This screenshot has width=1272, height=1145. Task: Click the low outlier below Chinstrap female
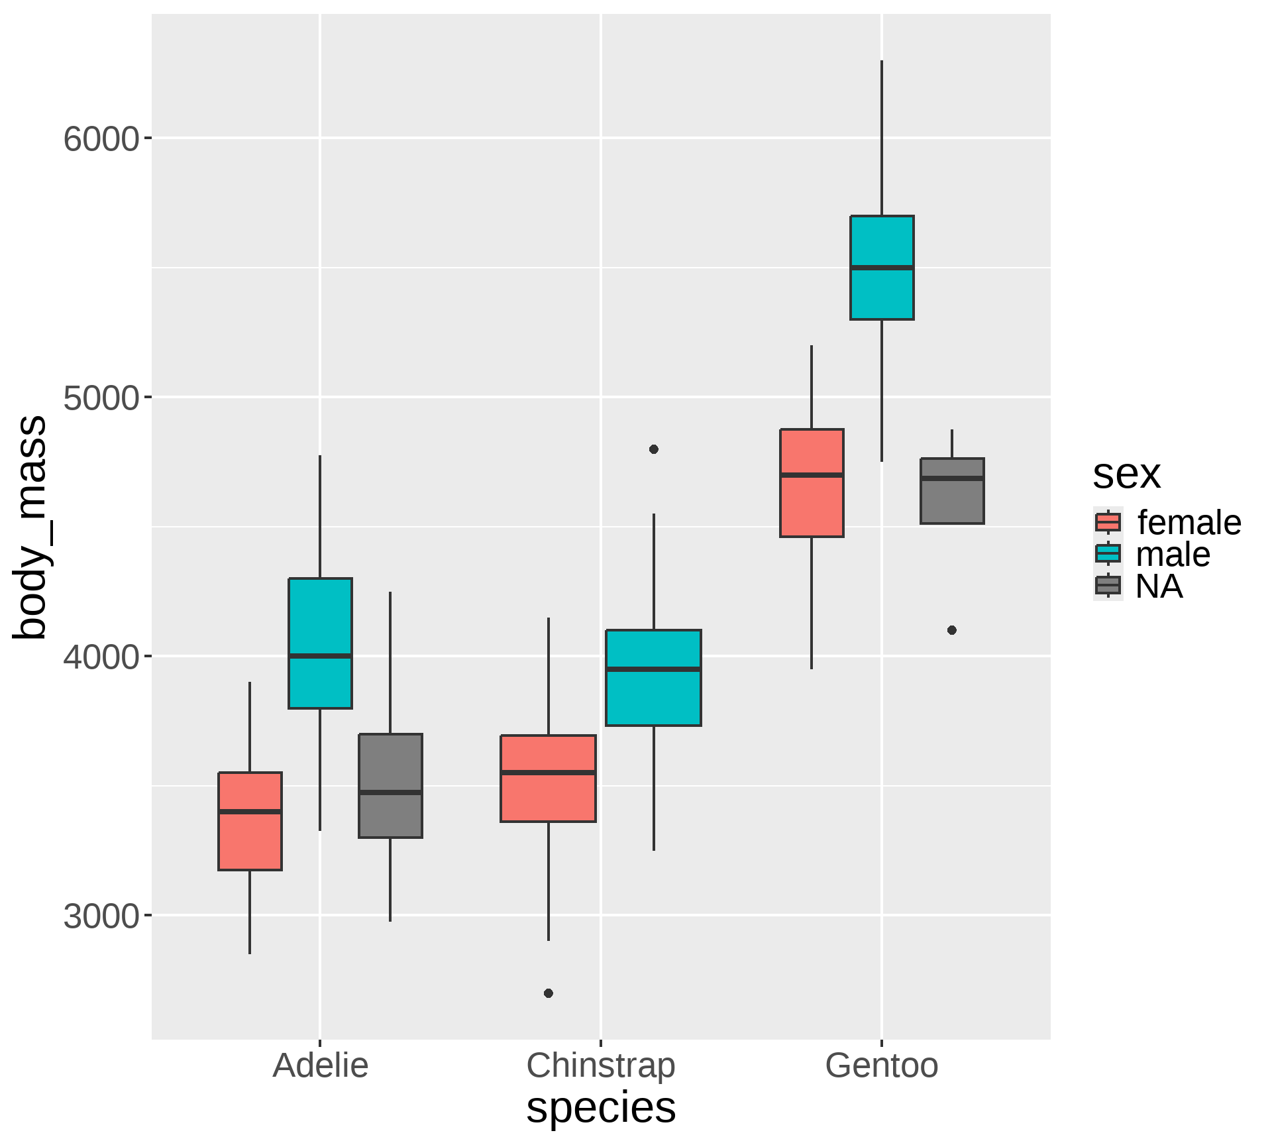pos(548,993)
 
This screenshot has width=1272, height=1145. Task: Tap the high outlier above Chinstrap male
pos(653,449)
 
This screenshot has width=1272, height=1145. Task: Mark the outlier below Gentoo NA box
pos(952,630)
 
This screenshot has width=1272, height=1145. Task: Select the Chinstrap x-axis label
pos(600,1066)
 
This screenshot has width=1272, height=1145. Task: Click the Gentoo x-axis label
pos(881,1066)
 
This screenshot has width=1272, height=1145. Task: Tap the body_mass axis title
pos(30,527)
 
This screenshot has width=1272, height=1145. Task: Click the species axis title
pos(600,1107)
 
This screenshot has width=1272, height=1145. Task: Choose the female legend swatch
pos(1108,522)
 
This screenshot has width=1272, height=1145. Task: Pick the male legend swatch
pos(1108,554)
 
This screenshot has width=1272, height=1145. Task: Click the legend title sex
pos(1126,474)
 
